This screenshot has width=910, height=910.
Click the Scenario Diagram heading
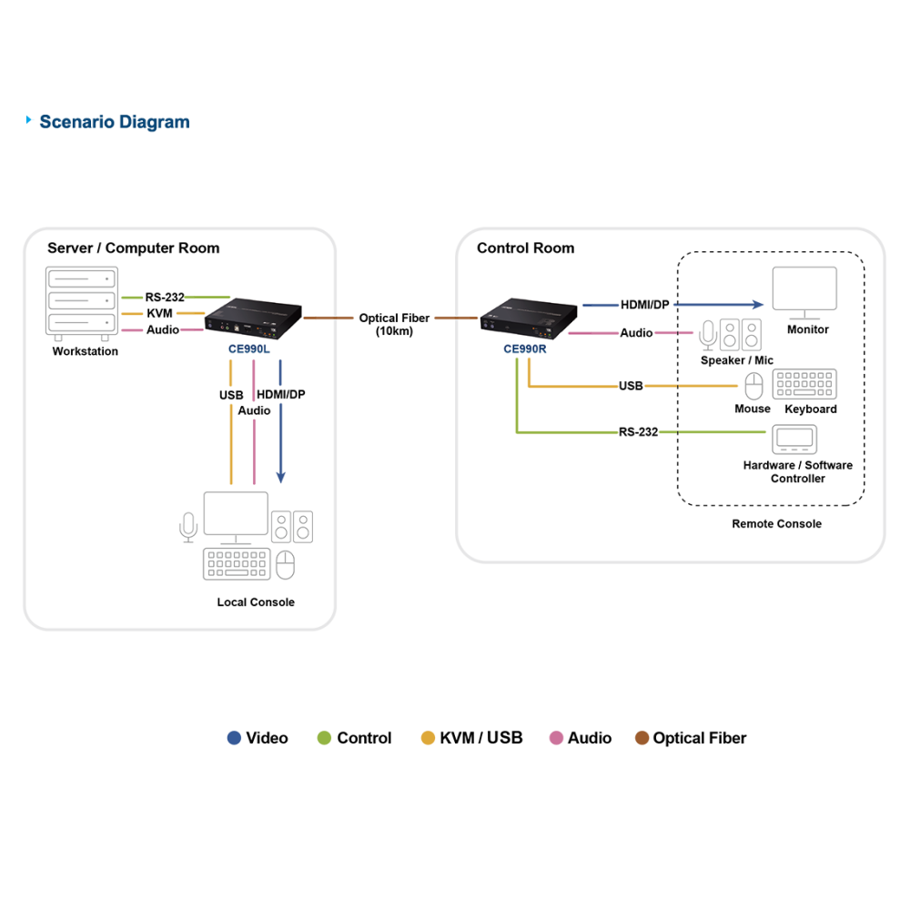click(x=115, y=122)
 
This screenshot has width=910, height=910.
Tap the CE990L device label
click(x=249, y=349)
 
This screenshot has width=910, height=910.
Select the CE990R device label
click(x=525, y=349)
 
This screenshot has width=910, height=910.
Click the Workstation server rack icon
click(x=82, y=304)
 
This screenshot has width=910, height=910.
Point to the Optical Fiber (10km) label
click(x=394, y=325)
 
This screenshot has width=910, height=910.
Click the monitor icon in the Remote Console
click(x=804, y=293)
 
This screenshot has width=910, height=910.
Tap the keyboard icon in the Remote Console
click(x=804, y=384)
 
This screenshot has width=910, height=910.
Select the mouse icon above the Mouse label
click(x=753, y=386)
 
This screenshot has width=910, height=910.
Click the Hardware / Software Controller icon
click(x=794, y=440)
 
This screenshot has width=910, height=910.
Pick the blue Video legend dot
click(x=234, y=738)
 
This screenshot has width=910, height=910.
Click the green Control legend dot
click(x=325, y=738)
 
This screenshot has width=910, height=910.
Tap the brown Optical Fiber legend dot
click(x=642, y=738)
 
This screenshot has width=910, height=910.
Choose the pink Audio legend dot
click(x=556, y=738)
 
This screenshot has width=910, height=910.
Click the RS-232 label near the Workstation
click(x=164, y=298)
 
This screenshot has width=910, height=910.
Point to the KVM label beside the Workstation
click(x=159, y=313)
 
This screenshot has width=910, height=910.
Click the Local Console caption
click(x=256, y=602)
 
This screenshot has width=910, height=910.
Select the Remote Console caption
click(x=776, y=524)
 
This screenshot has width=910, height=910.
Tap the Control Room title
click(x=526, y=248)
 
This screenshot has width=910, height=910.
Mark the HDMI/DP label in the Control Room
click(x=645, y=305)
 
